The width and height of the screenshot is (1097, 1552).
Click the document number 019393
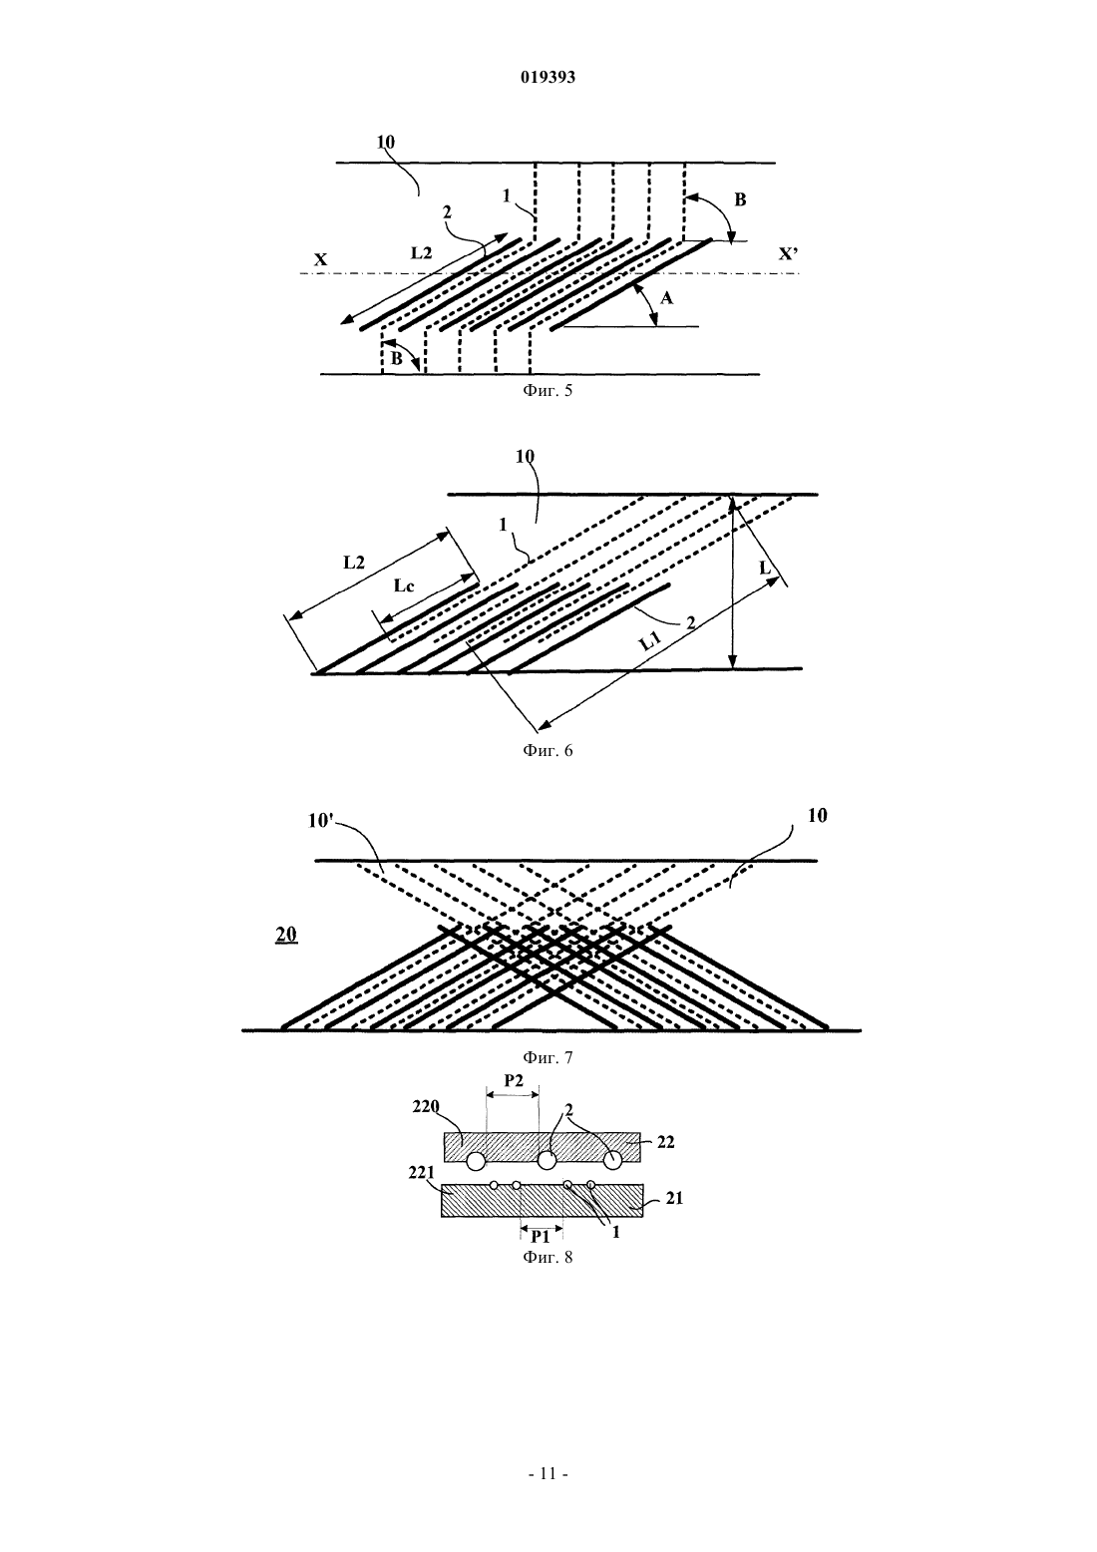(x=548, y=77)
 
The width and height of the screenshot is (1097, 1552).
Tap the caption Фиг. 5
(x=548, y=390)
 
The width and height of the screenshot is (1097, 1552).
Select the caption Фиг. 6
(x=548, y=750)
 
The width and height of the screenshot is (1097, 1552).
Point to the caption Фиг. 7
(x=548, y=1057)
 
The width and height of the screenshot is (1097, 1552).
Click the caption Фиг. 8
(x=548, y=1257)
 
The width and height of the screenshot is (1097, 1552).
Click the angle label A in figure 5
(x=666, y=298)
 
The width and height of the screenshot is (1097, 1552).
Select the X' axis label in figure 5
(x=788, y=254)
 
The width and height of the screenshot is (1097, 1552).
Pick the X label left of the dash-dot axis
(x=321, y=259)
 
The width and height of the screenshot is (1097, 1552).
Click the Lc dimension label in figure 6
(x=404, y=585)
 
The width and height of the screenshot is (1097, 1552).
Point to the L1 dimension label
(x=649, y=643)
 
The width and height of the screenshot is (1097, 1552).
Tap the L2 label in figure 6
(x=354, y=562)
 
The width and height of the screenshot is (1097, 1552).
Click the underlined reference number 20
(x=286, y=935)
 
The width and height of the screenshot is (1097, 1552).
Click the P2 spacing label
(x=514, y=1081)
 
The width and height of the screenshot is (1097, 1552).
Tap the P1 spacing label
(x=541, y=1236)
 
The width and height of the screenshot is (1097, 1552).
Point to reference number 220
(x=426, y=1106)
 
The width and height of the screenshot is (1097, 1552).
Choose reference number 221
(x=421, y=1172)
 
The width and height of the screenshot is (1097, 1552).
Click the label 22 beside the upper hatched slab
(x=665, y=1142)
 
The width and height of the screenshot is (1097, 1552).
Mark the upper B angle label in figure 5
(x=740, y=200)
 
